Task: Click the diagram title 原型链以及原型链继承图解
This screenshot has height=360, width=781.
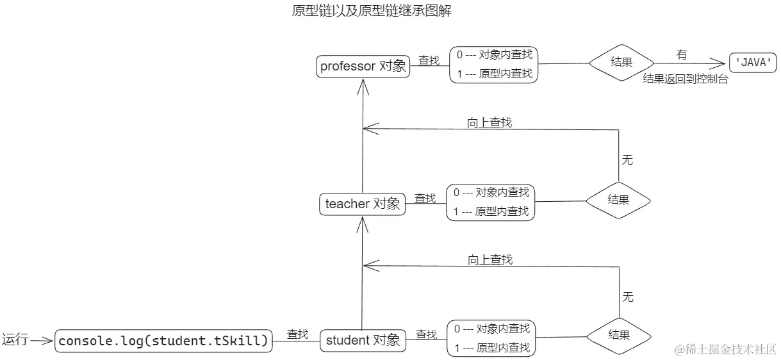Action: coord(372,11)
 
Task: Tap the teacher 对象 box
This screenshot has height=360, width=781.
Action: coord(363,204)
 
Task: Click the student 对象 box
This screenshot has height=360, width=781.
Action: coord(363,340)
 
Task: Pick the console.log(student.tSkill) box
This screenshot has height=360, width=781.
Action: coord(163,341)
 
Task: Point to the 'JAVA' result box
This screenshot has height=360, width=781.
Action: coord(753,63)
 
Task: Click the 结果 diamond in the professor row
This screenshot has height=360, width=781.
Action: coord(621,63)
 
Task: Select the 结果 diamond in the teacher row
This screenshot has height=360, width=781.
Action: coord(618,200)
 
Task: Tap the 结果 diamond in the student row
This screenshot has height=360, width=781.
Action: coord(619,335)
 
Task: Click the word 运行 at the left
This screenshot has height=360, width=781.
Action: coord(15,340)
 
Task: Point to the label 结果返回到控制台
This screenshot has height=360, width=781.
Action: coord(686,80)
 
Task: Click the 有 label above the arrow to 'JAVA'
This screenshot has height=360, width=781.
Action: coord(682,55)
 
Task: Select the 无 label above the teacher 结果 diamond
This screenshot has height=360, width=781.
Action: coord(627,160)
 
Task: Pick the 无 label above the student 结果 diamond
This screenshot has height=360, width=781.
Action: coord(628,297)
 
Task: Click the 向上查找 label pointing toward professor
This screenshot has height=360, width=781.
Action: coord(490,122)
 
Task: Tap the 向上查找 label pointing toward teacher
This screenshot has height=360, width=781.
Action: coord(490,259)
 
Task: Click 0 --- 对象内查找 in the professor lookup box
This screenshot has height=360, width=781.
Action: coord(494,55)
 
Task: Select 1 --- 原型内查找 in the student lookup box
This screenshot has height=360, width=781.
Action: coord(491,348)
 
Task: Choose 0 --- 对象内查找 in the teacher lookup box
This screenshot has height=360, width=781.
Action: coord(491,192)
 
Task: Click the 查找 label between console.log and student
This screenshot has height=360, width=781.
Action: coord(297,334)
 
